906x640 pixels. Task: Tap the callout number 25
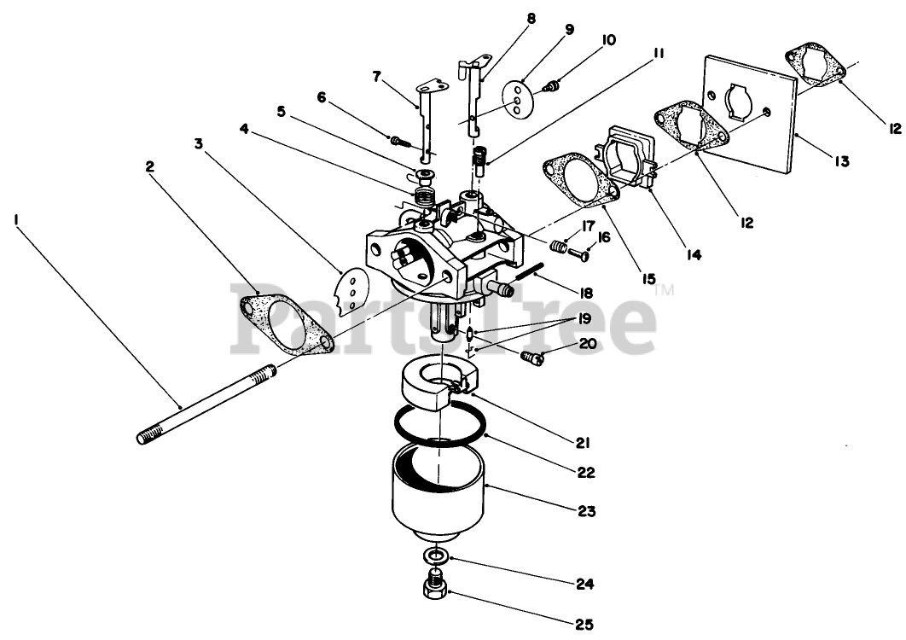tap(583, 625)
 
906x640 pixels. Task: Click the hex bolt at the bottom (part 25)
tap(432, 589)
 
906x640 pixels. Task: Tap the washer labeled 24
tap(437, 556)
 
